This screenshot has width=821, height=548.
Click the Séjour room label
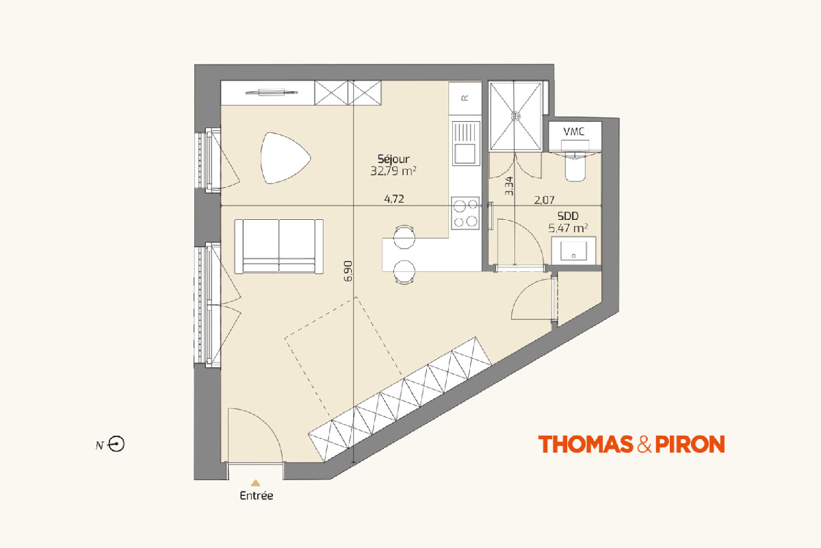coord(393,159)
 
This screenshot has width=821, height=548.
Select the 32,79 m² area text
coord(393,171)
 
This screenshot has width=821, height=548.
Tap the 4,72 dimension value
coord(394,199)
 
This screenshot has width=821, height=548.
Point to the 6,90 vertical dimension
coord(348,271)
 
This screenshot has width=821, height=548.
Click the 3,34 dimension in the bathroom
coord(509,186)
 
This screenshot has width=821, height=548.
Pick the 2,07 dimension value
coord(545,200)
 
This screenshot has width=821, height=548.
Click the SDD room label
coord(568,216)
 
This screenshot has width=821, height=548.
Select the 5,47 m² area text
coord(568,228)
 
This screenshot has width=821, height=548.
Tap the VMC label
coord(574,132)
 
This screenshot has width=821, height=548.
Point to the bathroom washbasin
coord(573,250)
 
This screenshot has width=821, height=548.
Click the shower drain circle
coord(516,116)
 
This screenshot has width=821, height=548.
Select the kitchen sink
coord(466,143)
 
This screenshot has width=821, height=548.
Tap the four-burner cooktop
coord(465,213)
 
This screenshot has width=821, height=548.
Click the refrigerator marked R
coord(465,99)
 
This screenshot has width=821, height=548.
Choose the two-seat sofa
coord(279,247)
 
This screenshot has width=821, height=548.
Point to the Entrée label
coord(256,496)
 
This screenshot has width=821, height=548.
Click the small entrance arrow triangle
coord(255,483)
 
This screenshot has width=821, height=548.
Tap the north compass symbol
coord(116,444)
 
